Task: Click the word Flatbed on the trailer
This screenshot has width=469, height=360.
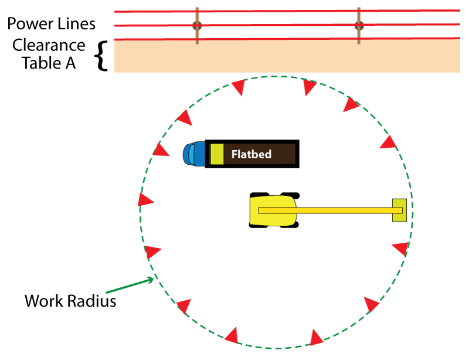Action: pyautogui.click(x=251, y=154)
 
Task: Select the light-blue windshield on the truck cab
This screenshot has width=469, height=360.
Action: pyautogui.click(x=191, y=154)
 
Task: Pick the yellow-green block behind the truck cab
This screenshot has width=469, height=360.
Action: pyautogui.click(x=217, y=154)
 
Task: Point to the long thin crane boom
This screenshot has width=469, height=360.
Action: pyautogui.click(x=340, y=210)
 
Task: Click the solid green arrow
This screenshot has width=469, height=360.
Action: pyautogui.click(x=129, y=286)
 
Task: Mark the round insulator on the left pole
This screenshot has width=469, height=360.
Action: pyautogui.click(x=197, y=26)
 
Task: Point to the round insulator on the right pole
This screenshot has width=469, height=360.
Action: pyautogui.click(x=359, y=26)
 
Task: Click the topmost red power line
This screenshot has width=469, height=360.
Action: pyautogui.click(x=287, y=11)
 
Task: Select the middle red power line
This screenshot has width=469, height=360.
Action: pyautogui.click(x=287, y=25)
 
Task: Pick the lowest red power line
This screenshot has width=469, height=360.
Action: pyautogui.click(x=287, y=39)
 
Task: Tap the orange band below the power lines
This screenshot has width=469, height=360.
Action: pyautogui.click(x=287, y=56)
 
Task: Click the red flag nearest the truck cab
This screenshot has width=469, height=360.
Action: pyautogui.click(x=160, y=150)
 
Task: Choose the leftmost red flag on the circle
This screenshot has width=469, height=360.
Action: pyautogui.click(x=145, y=200)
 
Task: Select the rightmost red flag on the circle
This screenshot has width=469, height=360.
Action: pyautogui.click(x=402, y=249)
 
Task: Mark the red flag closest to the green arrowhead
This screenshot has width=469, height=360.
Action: pyautogui.click(x=152, y=252)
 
